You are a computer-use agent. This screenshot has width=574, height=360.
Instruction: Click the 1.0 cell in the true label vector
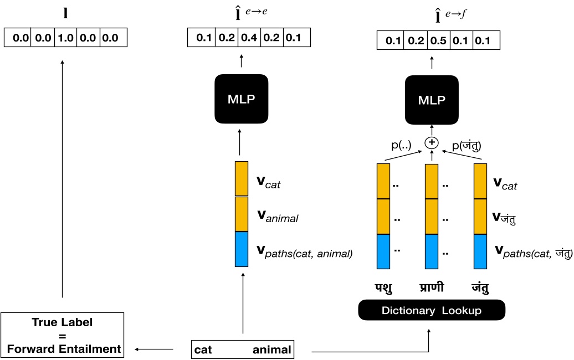66,38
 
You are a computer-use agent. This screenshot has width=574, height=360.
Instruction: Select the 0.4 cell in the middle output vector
249,38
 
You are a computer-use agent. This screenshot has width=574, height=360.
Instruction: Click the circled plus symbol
431,143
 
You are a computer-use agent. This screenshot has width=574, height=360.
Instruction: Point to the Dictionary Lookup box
432,310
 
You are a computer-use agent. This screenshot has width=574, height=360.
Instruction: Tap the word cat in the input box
203,349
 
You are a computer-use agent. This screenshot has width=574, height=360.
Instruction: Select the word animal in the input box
271,349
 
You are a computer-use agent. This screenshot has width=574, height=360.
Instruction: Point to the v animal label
278,217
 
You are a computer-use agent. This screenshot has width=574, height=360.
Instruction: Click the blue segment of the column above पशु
383,251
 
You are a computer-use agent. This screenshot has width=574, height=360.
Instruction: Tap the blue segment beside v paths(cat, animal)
242,249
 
